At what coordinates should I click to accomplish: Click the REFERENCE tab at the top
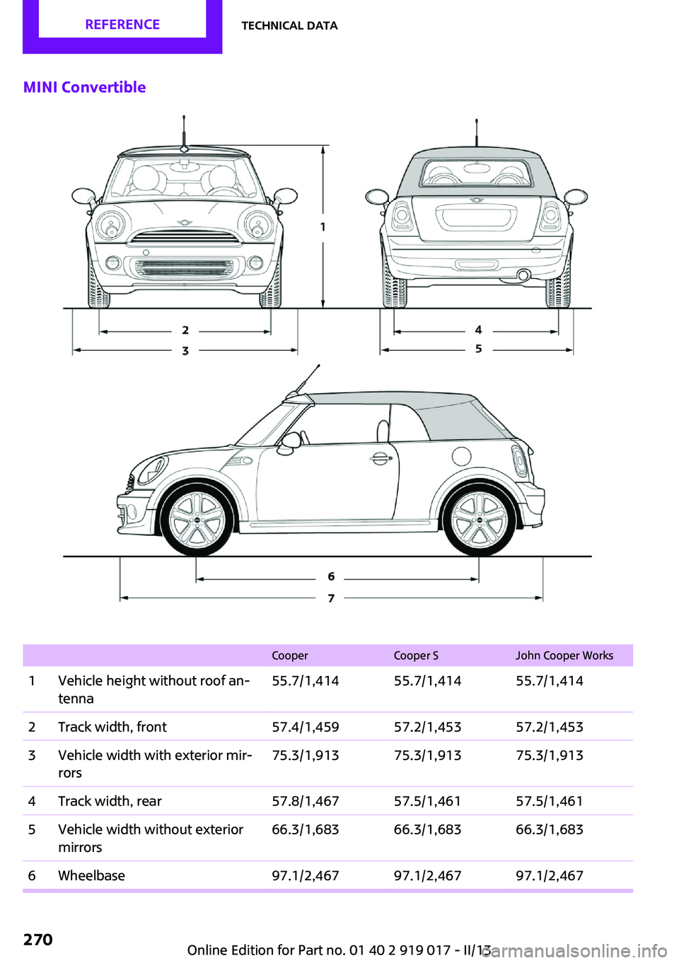122,25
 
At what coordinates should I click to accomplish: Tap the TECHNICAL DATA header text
289,25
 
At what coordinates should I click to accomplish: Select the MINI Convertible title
85,87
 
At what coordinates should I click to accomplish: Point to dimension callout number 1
323,227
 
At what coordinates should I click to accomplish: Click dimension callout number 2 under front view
185,330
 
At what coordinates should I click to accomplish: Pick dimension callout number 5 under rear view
479,349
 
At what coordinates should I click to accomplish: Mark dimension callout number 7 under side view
331,598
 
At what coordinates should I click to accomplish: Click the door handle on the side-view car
381,458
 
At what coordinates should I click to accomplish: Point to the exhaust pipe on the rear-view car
523,275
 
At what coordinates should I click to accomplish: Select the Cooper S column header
416,655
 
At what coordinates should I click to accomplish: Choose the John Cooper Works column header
564,655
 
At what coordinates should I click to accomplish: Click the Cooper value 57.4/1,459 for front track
306,727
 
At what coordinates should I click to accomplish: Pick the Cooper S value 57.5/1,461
427,801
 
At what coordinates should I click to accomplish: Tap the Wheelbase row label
91,875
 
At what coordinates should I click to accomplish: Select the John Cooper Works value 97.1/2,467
550,875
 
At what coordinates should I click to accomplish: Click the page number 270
38,940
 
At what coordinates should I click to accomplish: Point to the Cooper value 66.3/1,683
306,829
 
